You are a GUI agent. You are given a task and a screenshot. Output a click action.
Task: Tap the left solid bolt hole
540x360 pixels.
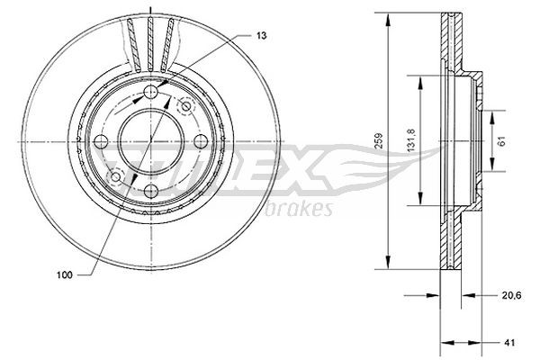point(100,141)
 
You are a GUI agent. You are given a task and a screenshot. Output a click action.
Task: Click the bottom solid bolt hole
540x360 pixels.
point(149,190)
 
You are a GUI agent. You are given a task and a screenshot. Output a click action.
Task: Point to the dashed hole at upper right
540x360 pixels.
point(185,107)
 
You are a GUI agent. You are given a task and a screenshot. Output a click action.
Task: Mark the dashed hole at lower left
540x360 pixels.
point(113,175)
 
